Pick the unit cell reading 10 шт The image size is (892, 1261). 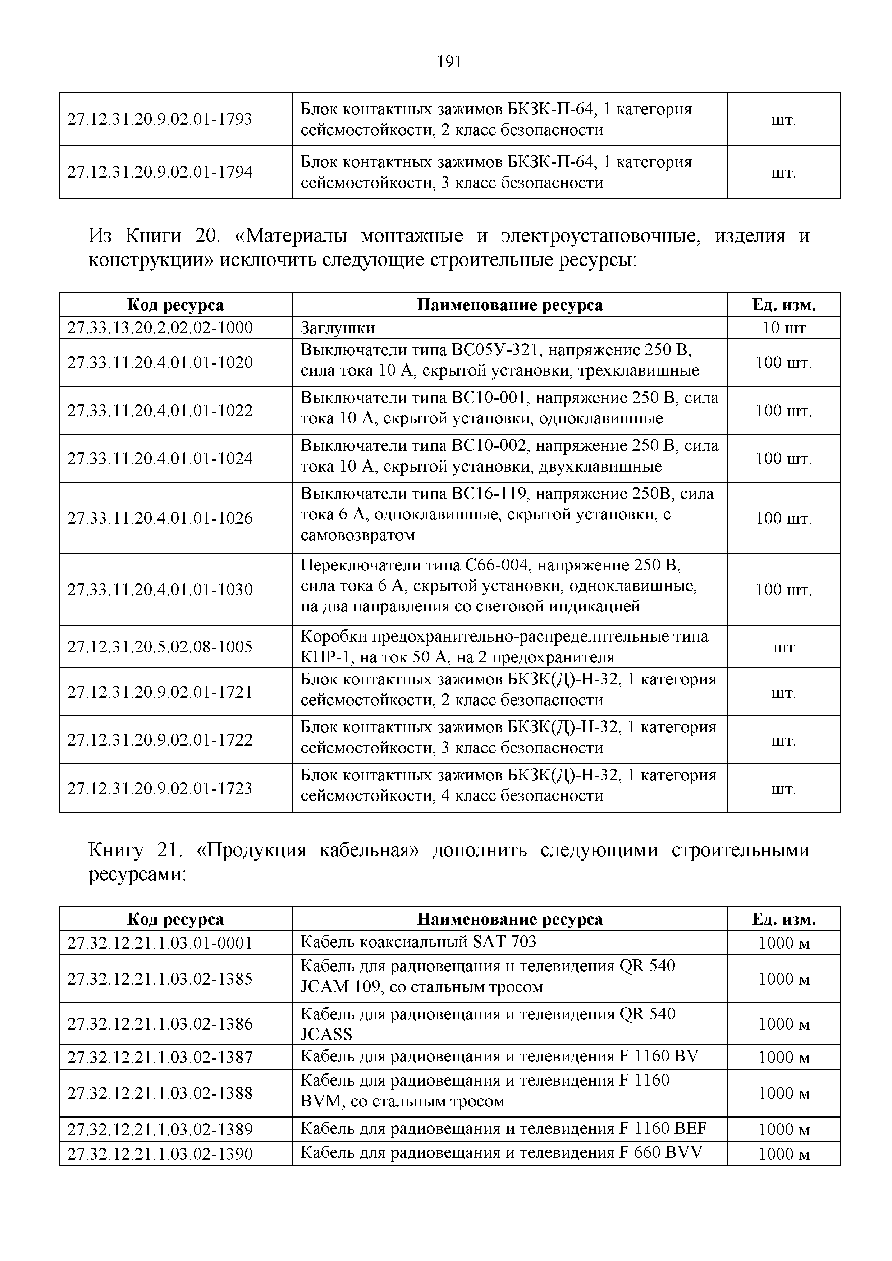(784, 328)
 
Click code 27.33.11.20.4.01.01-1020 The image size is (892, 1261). (160, 362)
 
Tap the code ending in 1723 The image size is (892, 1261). (160, 789)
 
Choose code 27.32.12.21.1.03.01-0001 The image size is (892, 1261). (160, 943)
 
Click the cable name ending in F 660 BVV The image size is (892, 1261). (501, 1152)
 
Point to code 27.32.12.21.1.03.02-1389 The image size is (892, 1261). (160, 1130)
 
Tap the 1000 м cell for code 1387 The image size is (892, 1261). (784, 1057)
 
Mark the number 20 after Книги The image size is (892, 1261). (206, 236)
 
